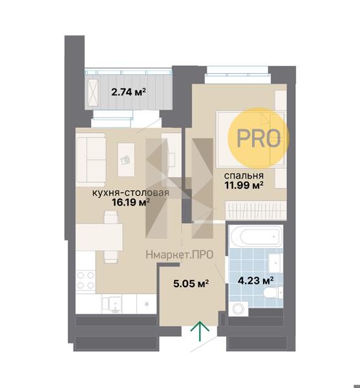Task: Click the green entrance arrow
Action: click(200, 331)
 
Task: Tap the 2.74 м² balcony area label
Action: click(129, 92)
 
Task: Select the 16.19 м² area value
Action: click(131, 202)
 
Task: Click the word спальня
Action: click(244, 176)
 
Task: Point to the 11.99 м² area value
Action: click(244, 185)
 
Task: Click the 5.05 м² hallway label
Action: click(191, 283)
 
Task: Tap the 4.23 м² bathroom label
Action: click(255, 281)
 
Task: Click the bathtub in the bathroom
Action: click(257, 236)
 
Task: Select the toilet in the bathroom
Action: click(273, 293)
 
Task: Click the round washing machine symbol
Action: click(238, 309)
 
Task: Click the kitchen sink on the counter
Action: click(112, 305)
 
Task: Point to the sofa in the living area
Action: click(90, 160)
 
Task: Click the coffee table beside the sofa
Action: click(126, 160)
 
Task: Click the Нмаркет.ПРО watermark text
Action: click(180, 255)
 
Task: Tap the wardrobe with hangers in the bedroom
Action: click(256, 210)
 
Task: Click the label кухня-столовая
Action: click(131, 193)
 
